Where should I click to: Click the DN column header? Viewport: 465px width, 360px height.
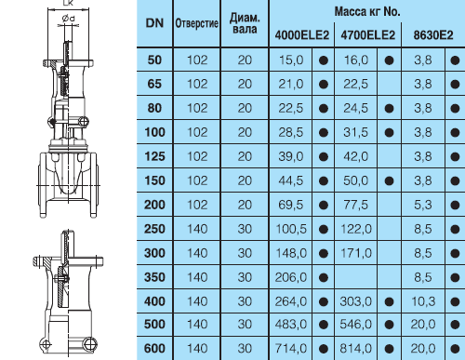click(154, 23)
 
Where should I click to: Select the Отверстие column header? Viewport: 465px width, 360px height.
click(197, 23)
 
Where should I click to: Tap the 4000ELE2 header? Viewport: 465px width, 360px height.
click(301, 35)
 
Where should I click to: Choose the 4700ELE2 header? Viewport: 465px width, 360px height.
click(368, 35)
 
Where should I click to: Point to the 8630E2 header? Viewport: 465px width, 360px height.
click(433, 35)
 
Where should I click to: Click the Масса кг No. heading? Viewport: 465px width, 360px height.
click(367, 12)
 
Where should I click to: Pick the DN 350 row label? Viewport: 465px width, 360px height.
click(154, 277)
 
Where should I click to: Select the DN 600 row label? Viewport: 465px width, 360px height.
click(154, 349)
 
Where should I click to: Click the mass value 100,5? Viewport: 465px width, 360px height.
click(291, 229)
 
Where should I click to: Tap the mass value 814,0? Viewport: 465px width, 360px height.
click(356, 349)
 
